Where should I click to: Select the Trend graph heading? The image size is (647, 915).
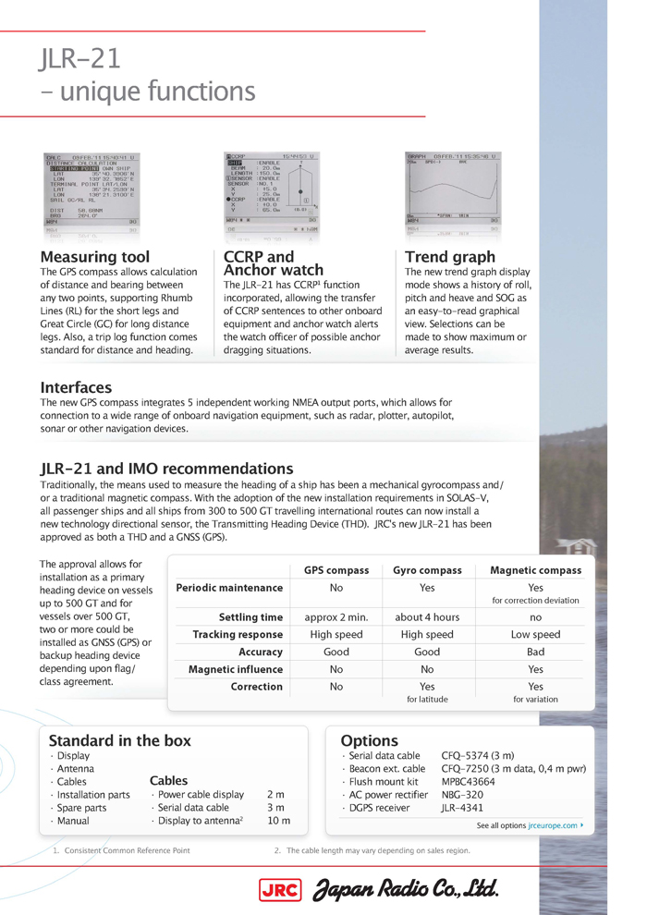[x=450, y=256]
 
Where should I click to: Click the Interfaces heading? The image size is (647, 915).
[x=76, y=387]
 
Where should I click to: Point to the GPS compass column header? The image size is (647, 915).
[x=336, y=570]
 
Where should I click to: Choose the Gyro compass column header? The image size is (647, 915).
[x=427, y=570]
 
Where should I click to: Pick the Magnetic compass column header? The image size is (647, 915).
[x=535, y=570]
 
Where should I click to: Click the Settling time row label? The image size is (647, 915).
[x=250, y=616]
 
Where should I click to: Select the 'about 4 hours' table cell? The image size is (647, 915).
[x=427, y=616]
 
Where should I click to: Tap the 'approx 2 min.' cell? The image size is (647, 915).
[x=336, y=616]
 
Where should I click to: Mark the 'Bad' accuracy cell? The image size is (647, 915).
[x=535, y=652]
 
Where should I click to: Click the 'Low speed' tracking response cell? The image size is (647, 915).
[x=535, y=634]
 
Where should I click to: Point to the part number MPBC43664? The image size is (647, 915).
[x=469, y=781]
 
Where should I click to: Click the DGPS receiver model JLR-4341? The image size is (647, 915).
[x=461, y=807]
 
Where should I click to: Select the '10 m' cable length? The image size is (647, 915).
[x=277, y=820]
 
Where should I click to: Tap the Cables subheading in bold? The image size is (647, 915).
[x=168, y=780]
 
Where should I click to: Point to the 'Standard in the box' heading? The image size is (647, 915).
[x=120, y=739]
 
